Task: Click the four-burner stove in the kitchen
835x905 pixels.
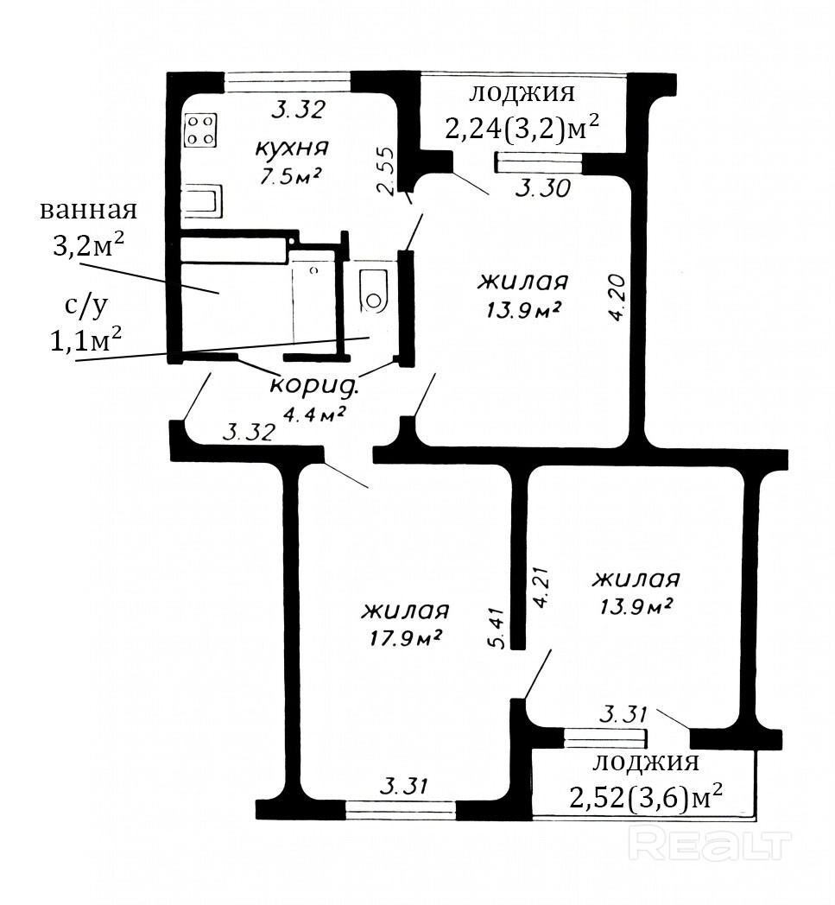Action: click(201, 130)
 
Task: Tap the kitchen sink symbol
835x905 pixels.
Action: click(202, 201)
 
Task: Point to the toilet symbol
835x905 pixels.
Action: click(374, 292)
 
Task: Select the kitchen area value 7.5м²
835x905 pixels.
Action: click(290, 175)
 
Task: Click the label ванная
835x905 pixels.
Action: click(88, 210)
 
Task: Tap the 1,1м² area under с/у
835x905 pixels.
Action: click(86, 340)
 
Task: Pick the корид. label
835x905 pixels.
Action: click(314, 385)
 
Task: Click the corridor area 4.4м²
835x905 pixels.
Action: click(314, 414)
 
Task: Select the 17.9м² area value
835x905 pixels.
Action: click(406, 638)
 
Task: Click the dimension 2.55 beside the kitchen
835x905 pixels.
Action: click(384, 171)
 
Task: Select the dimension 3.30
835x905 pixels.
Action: click(542, 188)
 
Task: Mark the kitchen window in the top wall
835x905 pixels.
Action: click(287, 82)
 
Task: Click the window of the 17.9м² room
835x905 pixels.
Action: click(401, 809)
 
